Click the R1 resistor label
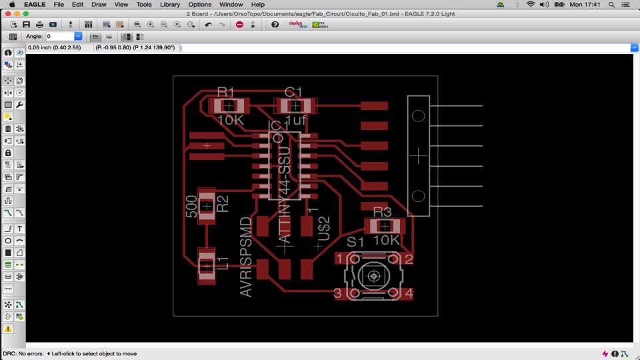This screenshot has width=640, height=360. [x=226, y=92]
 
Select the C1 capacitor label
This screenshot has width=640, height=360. [x=293, y=92]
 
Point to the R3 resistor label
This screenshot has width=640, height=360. [x=383, y=212]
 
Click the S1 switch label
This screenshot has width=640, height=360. [x=355, y=242]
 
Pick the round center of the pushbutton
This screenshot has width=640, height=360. [x=374, y=275]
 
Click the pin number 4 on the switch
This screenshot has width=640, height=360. [x=409, y=293]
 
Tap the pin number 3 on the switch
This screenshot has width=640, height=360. [x=338, y=293]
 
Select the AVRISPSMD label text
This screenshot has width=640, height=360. [x=246, y=256]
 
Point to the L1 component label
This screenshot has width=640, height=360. [x=223, y=263]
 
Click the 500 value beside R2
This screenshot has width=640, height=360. [x=191, y=206]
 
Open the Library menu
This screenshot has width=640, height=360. [x=170, y=5]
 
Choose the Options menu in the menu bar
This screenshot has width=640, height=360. [x=199, y=5]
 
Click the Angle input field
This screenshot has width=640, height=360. [x=59, y=36]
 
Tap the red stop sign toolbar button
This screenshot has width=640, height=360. [x=240, y=25]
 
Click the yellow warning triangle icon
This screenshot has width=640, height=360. [x=8, y=329]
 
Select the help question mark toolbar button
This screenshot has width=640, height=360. [x=275, y=25]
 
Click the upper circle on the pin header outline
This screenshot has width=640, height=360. [x=419, y=115]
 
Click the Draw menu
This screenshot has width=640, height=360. [x=99, y=5]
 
